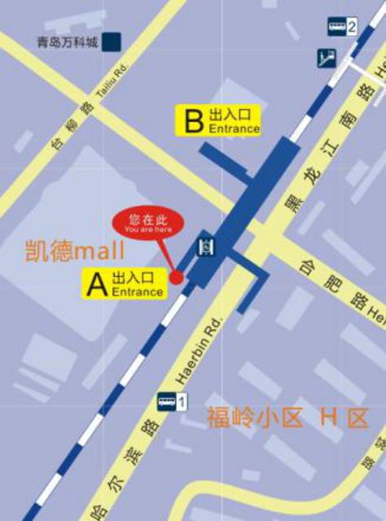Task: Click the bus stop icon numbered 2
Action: tap(337, 27)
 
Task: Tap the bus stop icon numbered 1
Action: tap(167, 401)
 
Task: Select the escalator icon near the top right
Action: tap(328, 59)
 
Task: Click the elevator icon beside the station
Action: tap(207, 246)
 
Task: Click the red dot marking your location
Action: tap(176, 277)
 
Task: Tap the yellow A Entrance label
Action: tap(125, 284)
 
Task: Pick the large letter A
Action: tap(97, 284)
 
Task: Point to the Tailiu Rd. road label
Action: tap(111, 82)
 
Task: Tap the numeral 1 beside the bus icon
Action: tap(182, 401)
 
